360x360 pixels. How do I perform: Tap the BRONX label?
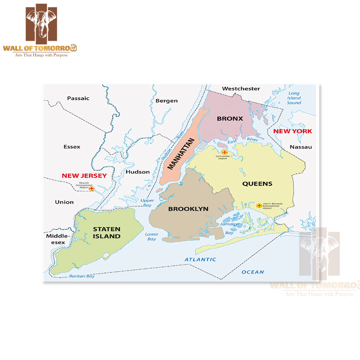(230, 119)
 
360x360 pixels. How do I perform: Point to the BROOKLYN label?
(188, 209)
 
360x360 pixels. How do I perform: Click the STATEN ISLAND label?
(107, 233)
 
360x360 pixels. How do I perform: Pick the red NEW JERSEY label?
(84, 176)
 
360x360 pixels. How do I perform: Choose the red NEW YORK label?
(293, 131)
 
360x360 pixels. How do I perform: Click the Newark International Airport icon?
(92, 188)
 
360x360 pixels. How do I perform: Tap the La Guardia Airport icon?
(224, 152)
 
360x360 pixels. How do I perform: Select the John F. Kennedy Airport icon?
(259, 206)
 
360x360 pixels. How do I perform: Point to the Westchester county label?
(241, 89)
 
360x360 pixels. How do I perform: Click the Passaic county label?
(78, 98)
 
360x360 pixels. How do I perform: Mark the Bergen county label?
(167, 101)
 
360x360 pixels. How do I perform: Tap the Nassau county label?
(301, 147)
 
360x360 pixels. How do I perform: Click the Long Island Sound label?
(294, 98)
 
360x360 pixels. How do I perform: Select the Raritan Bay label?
(82, 276)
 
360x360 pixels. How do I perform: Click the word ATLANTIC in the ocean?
(201, 259)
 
